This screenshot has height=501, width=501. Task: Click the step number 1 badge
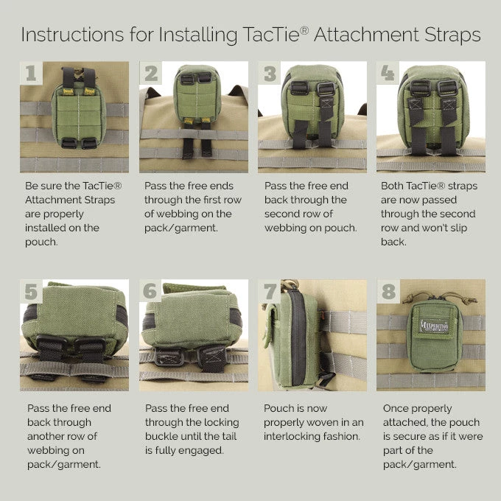30,73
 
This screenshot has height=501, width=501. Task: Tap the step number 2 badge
151,73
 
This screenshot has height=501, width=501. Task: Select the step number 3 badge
270,73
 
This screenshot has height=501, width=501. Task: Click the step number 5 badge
30,291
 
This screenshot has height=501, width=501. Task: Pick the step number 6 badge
150,291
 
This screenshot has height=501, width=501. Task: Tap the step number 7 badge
270,291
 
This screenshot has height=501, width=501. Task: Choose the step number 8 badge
389,291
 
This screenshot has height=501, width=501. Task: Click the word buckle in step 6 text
165,436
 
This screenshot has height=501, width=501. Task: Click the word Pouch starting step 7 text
279,408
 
